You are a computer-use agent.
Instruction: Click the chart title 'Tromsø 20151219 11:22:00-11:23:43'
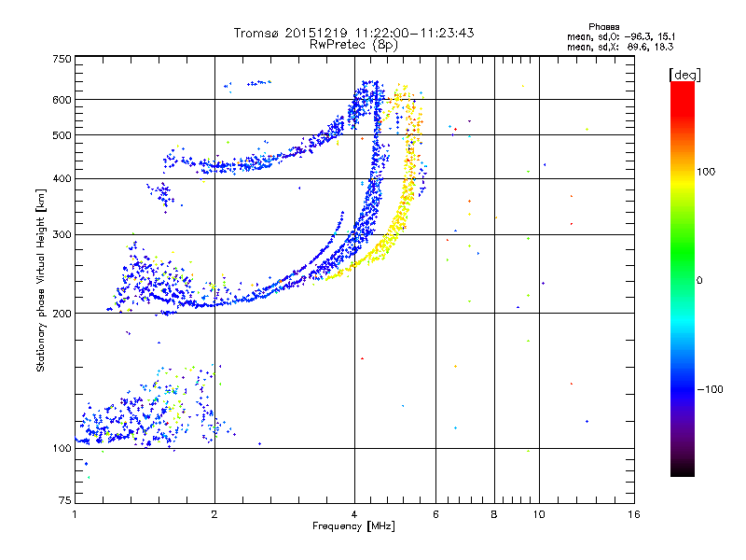click(x=353, y=33)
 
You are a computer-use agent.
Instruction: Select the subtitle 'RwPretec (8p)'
click(x=353, y=44)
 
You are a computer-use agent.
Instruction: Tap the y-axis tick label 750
click(x=62, y=58)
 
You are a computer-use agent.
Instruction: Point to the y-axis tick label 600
click(x=62, y=99)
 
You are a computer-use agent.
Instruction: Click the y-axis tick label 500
click(x=62, y=134)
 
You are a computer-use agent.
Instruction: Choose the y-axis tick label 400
click(x=62, y=178)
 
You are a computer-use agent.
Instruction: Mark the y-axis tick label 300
click(x=62, y=234)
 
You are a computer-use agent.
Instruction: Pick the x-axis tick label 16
click(x=633, y=515)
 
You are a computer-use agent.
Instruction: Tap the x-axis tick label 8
click(x=494, y=515)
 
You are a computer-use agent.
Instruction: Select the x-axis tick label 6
click(x=435, y=515)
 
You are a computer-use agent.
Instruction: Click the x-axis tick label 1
click(x=75, y=515)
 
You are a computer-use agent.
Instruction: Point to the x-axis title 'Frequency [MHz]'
click(x=353, y=526)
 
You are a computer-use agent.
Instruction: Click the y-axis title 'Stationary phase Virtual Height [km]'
click(x=41, y=280)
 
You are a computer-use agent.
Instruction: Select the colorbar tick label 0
click(x=699, y=280)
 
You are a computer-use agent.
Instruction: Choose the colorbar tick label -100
click(x=708, y=389)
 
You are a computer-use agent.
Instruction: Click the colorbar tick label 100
click(x=706, y=171)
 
